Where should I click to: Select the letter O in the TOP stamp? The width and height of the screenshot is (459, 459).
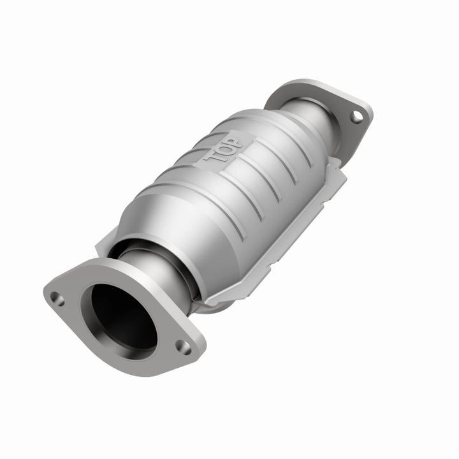[226, 148]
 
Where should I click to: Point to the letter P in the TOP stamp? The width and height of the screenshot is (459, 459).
[235, 140]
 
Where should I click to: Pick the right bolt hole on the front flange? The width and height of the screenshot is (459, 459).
[183, 347]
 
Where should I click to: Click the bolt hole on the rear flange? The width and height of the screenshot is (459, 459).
[356, 117]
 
